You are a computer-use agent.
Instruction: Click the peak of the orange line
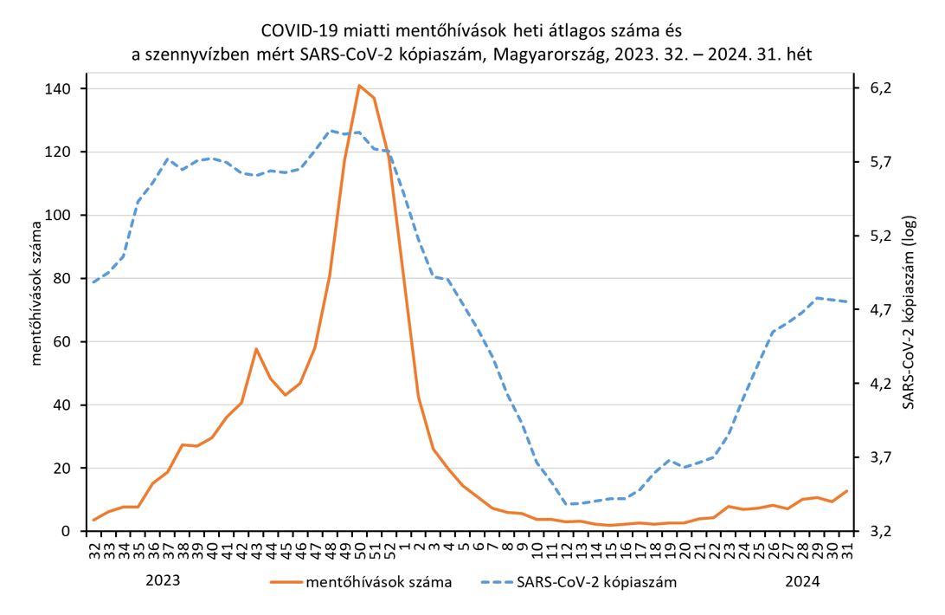pyautogui.click(x=359, y=86)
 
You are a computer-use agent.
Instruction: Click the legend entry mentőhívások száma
pyautogui.click(x=378, y=582)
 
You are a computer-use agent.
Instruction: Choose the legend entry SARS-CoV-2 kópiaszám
pyautogui.click(x=595, y=582)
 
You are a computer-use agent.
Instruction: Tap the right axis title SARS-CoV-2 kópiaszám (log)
pyautogui.click(x=908, y=311)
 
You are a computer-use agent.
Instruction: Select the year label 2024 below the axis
pyautogui.click(x=803, y=580)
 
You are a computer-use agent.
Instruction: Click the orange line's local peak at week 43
pyautogui.click(x=256, y=349)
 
